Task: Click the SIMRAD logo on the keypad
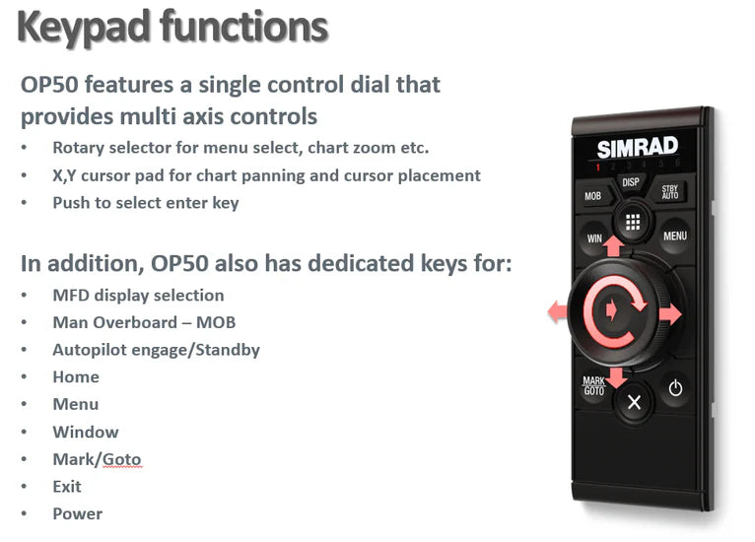pos(637,148)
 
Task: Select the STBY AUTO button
pos(669,191)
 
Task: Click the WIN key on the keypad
pos(594,237)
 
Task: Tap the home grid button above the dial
pos(633,222)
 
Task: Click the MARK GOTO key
pos(593,385)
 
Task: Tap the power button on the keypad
pos(675,388)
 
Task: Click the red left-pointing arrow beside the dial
pos(558,312)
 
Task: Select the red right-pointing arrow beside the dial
pos(670,314)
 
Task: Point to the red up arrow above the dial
pos(613,245)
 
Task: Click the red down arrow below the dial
pos(616,376)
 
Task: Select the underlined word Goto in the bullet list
pos(122,459)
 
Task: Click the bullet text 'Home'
pos(76,377)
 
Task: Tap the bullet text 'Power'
pos(77,513)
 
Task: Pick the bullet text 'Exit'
pos(67,486)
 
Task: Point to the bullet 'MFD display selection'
pos(138,296)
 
